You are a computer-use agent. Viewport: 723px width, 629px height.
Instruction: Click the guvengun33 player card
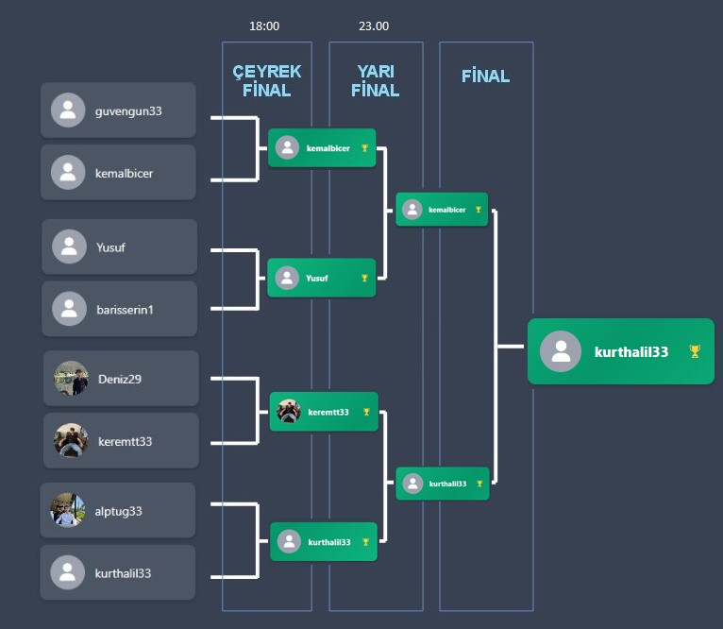point(118,110)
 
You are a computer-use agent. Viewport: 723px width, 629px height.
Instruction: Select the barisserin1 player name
point(124,309)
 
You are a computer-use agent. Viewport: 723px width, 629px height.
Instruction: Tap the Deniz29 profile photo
point(71,379)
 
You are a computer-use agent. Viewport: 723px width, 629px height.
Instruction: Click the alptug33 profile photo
point(67,510)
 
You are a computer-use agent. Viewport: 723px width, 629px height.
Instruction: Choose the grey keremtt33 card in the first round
point(121,440)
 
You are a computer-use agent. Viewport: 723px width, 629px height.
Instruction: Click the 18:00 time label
point(264,26)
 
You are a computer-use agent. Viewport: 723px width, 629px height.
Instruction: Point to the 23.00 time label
point(374,26)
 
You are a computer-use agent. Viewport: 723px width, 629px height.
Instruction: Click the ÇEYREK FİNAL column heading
point(266,81)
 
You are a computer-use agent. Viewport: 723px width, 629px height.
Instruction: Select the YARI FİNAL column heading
point(375,81)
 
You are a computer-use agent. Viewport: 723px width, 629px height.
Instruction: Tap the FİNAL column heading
point(485,76)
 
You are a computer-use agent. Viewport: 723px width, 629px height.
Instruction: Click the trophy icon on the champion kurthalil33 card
point(695,351)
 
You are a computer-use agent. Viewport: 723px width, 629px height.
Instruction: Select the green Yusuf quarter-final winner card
point(322,278)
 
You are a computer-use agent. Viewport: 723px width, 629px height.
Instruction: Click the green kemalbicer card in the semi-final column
point(442,210)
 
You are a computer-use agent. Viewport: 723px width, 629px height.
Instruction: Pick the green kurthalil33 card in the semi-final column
point(442,484)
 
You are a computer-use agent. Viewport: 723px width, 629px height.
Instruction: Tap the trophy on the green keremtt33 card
point(366,412)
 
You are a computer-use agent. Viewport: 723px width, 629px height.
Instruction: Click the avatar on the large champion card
point(561,351)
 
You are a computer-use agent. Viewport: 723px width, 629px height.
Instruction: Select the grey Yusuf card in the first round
point(119,247)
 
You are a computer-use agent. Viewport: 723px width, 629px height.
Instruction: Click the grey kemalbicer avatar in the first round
point(68,173)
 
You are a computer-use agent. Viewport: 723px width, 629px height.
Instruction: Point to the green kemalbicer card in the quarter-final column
point(322,148)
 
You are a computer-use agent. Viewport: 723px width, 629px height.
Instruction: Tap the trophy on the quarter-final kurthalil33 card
point(366,542)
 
